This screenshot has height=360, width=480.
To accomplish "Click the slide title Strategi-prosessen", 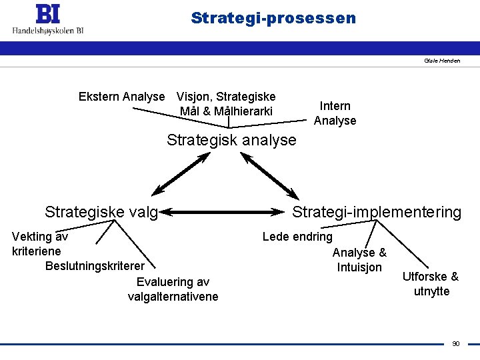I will pyautogui.click(x=273, y=18).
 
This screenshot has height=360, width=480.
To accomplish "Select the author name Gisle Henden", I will pyautogui.click(x=442, y=61).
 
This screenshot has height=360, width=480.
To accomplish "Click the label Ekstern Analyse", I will pyautogui.click(x=121, y=97).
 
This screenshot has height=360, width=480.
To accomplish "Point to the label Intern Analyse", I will pyautogui.click(x=335, y=113).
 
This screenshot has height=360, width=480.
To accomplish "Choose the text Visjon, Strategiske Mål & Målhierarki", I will pyautogui.click(x=226, y=103).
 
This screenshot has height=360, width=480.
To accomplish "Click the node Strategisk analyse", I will pyautogui.click(x=231, y=140).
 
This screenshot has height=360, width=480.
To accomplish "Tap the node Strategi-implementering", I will pyautogui.click(x=377, y=212).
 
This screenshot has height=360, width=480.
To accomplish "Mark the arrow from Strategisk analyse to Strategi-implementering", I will pyautogui.click(x=269, y=175).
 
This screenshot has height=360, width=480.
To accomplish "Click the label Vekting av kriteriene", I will pyautogui.click(x=39, y=243).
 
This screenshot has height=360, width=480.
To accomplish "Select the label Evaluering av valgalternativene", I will pyautogui.click(x=173, y=289).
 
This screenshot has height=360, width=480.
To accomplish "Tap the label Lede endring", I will pyautogui.click(x=297, y=236).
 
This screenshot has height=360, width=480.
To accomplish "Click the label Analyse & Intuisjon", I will pyautogui.click(x=359, y=260).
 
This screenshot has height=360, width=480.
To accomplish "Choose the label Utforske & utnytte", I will pyautogui.click(x=431, y=284).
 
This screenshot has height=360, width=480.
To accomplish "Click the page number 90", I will pyautogui.click(x=456, y=344).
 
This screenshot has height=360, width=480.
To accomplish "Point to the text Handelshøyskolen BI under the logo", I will pyautogui.click(x=48, y=29).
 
